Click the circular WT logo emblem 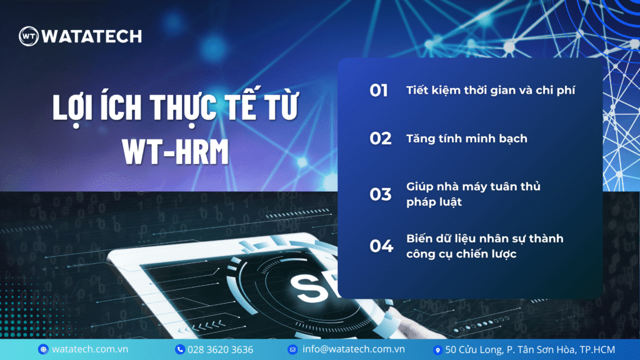(29, 36)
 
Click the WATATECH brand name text (92, 36)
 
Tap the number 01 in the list (379, 91)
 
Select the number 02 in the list (381, 139)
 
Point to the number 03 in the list (381, 194)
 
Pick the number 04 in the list (381, 246)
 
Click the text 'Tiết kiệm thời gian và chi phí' (491, 91)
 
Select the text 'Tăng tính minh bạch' (466, 139)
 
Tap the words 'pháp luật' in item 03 (434, 202)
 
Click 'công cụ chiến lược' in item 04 (461, 254)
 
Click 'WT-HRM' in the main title (176, 152)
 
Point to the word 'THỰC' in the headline (184, 107)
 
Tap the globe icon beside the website (43, 349)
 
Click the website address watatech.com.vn (90, 349)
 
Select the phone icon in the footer (180, 349)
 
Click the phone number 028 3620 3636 (221, 350)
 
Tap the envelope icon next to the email (292, 349)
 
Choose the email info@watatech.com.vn (354, 349)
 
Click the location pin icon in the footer (437, 350)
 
